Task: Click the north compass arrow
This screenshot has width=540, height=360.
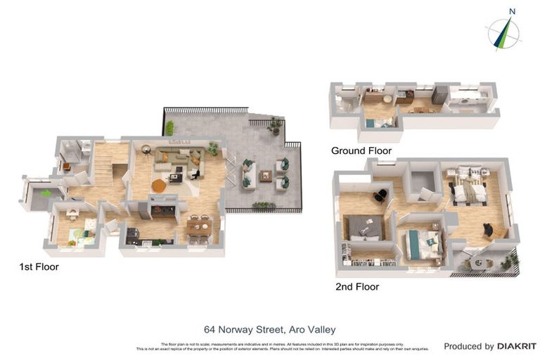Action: tap(503, 32)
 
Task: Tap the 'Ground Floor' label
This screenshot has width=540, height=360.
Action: tap(361, 150)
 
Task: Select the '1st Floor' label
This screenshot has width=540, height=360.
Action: tap(39, 266)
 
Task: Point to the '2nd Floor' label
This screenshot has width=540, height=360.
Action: tap(357, 286)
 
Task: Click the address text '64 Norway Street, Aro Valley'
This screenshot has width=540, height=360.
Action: tap(269, 329)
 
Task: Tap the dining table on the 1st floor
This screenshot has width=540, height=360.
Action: tap(200, 227)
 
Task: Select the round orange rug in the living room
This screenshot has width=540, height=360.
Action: tap(160, 186)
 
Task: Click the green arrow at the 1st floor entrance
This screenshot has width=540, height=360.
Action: tap(45, 193)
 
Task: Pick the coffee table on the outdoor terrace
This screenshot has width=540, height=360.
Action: tap(265, 176)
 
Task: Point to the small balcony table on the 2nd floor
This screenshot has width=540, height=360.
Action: tap(480, 262)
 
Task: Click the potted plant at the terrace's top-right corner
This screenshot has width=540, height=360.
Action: tap(275, 124)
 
